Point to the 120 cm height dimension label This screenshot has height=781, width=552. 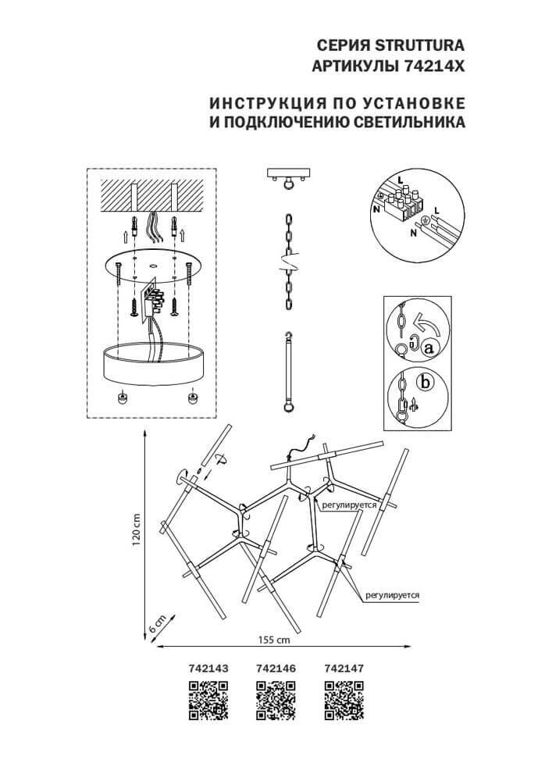click(x=135, y=530)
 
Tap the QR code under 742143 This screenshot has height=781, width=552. click(x=208, y=699)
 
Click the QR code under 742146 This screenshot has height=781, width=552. click(x=276, y=699)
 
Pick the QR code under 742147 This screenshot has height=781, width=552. click(x=344, y=699)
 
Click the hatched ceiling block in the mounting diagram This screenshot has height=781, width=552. click(x=153, y=195)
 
